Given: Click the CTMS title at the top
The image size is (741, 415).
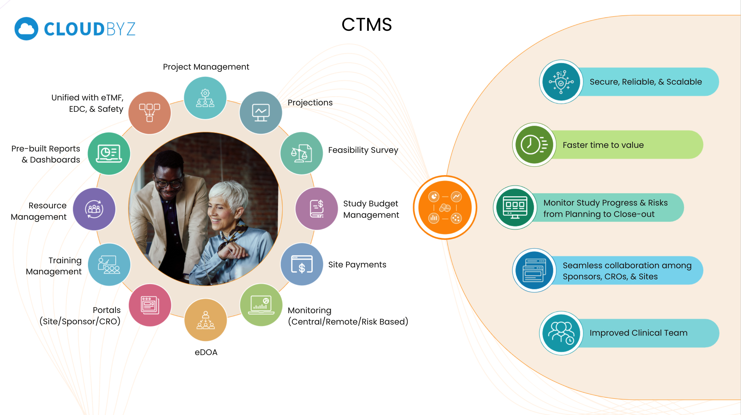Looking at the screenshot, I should [x=367, y=24].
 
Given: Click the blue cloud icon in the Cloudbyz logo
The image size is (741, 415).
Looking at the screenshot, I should [x=26, y=29].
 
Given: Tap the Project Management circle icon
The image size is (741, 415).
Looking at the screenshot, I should [x=205, y=98].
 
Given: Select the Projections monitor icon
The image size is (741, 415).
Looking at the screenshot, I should [x=261, y=113].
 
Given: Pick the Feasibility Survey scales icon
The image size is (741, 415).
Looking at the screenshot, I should [x=301, y=153].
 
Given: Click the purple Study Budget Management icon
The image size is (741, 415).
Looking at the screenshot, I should [x=316, y=209].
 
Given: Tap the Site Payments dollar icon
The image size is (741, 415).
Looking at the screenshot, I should [x=301, y=264].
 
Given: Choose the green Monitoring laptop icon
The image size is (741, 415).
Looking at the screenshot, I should [x=261, y=305].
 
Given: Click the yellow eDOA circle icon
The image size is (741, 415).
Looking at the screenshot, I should [x=206, y=320].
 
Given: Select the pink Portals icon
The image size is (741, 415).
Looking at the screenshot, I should [x=150, y=305].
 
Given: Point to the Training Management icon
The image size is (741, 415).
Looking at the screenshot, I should [x=109, y=265].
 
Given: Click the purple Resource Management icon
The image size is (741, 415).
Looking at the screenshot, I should [x=94, y=209].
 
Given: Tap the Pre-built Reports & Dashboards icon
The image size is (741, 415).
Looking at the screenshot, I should [x=109, y=153].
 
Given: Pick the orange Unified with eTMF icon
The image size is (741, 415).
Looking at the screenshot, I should [x=150, y=113].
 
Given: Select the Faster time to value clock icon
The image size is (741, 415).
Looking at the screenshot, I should [x=534, y=145].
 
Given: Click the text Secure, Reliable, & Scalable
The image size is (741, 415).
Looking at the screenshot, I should [x=645, y=82].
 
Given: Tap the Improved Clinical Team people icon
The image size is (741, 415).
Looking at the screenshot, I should [x=561, y=333].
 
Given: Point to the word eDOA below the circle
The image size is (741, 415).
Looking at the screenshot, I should [x=206, y=352].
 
